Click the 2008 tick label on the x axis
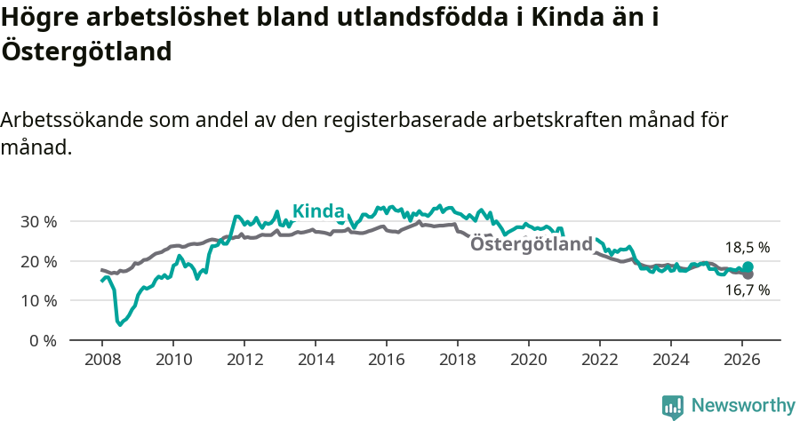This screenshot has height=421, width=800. pos(101,360)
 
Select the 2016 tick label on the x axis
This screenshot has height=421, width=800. pos(386,360)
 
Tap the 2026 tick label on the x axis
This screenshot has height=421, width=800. pos(741,360)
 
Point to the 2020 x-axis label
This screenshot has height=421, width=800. pos(528,360)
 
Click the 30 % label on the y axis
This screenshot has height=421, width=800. pos(38,221)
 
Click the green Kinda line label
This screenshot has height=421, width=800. pos(318,210)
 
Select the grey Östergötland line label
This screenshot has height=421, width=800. pos(530,244)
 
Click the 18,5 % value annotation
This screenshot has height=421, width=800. pos(747,248)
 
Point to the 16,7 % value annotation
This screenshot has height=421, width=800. pos(747,290)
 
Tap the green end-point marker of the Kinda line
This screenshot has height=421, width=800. pos(748,267)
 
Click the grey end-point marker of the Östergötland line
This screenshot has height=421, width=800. pos(748,274)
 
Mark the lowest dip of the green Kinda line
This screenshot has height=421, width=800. pos(119,324)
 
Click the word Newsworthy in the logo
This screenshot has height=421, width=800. pos(743,405)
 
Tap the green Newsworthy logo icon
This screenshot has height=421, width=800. pos(673,406)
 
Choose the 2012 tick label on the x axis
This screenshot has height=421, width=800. pos(244,360)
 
